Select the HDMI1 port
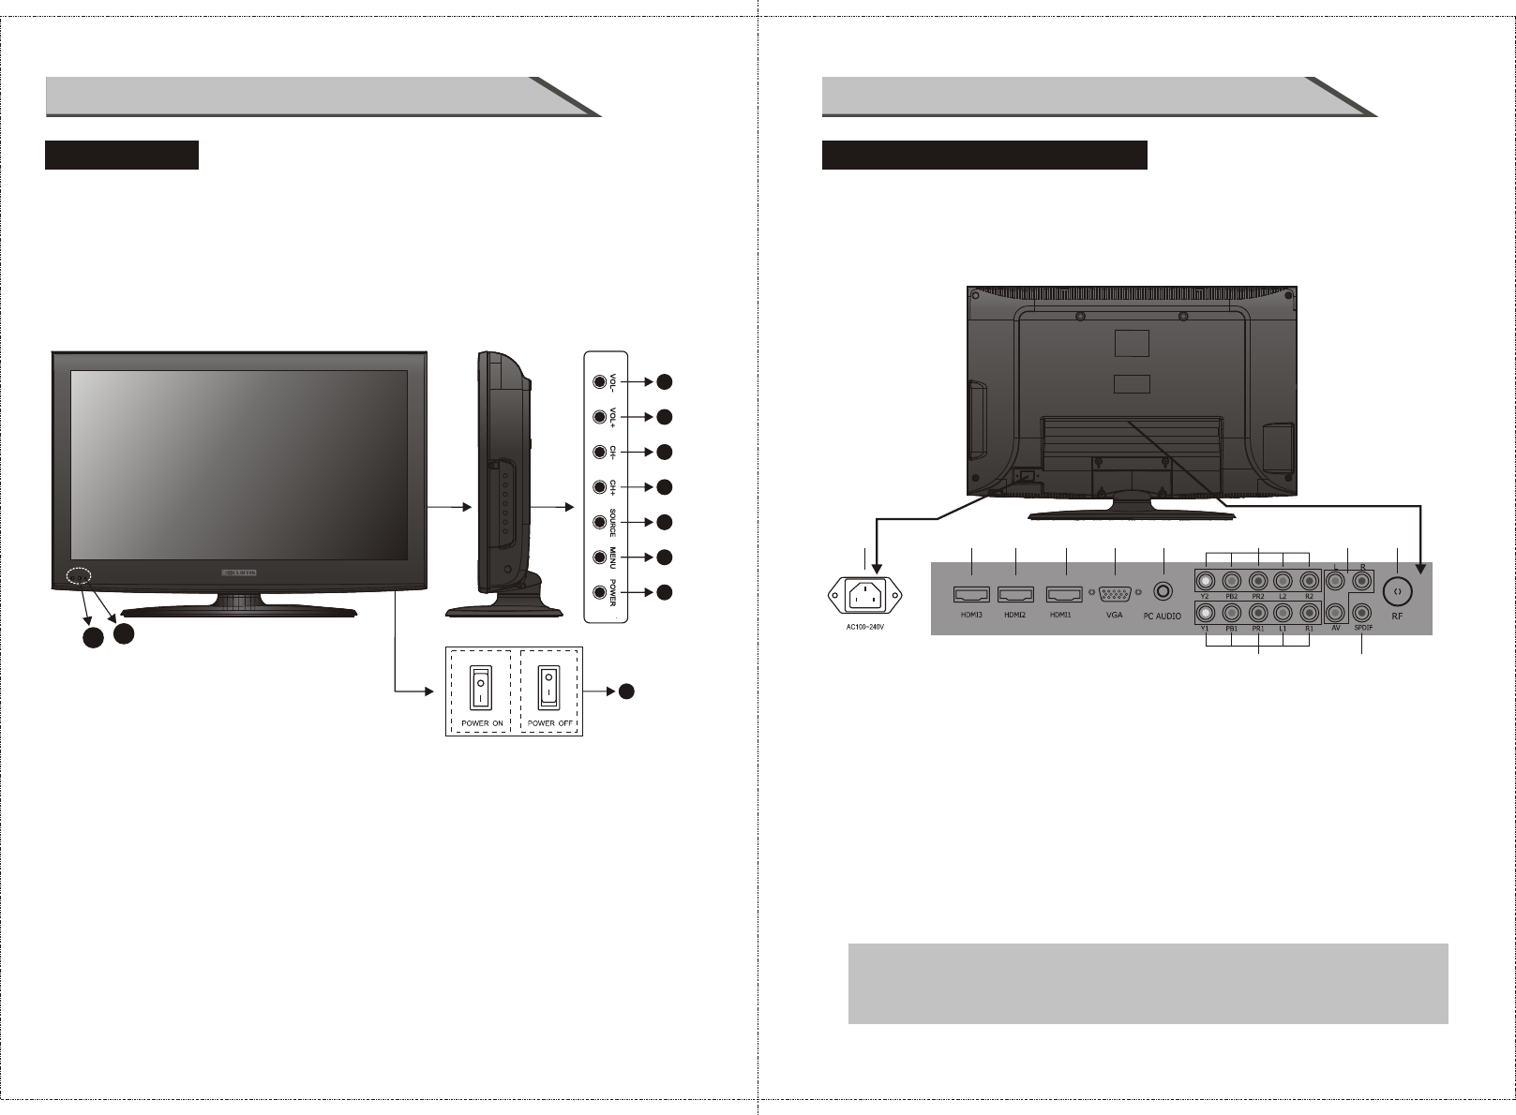coord(1065,594)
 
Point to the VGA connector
coord(1114,594)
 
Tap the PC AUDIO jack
coord(1163,592)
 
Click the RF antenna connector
coord(1397,591)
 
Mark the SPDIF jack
coord(1363,615)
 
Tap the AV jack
coord(1336,615)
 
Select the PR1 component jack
coord(1257,615)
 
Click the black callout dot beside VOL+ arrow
coord(664,417)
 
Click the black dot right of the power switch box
coord(626,691)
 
